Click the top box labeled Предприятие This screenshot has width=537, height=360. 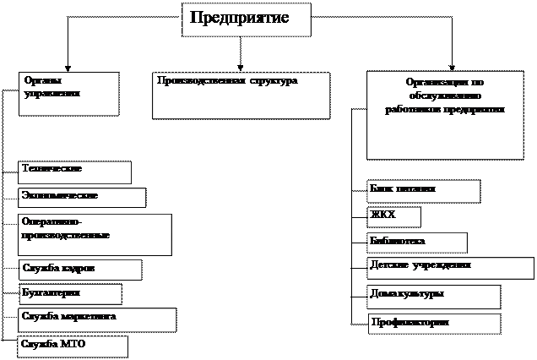(246, 19)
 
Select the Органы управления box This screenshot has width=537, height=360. (68, 93)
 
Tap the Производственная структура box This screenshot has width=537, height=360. (241, 95)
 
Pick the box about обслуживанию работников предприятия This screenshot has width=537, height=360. (444, 115)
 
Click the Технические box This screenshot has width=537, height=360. (74, 172)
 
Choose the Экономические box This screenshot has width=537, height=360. (82, 197)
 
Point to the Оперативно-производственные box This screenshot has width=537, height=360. (94, 234)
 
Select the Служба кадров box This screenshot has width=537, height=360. (79, 270)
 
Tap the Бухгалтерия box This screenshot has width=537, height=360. (70, 294)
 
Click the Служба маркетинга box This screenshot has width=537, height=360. (96, 319)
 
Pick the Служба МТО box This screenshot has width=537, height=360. (72, 346)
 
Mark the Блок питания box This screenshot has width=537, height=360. (423, 191)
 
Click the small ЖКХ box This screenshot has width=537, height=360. (393, 217)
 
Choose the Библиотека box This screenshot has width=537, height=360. (416, 243)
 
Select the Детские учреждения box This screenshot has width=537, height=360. (450, 268)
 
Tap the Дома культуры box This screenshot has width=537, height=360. (433, 297)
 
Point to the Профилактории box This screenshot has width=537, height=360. (434, 324)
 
